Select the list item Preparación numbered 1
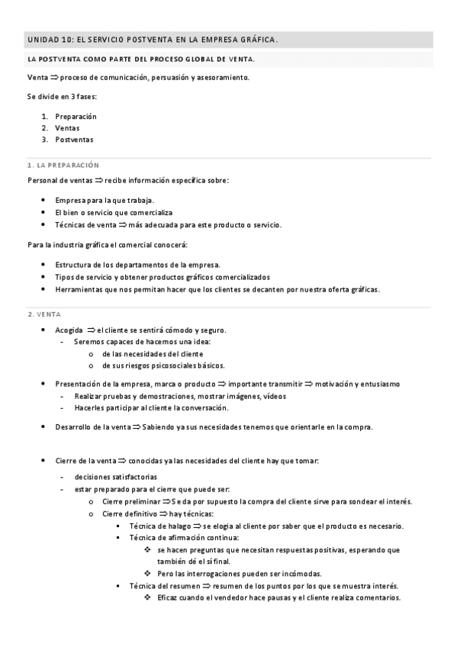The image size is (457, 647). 76,117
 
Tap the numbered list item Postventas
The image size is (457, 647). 75,140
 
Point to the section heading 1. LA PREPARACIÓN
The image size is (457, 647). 63,165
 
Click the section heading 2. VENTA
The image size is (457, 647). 44,314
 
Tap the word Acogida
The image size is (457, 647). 69,330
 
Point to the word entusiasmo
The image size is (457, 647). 373,384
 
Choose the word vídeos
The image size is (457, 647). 274,396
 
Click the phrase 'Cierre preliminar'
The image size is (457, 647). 130,501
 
